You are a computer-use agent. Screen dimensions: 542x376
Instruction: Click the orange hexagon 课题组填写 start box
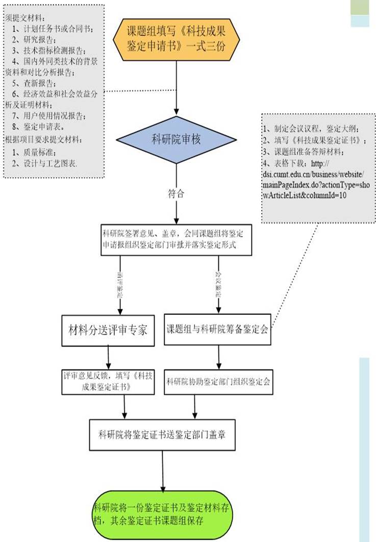coord(176,39)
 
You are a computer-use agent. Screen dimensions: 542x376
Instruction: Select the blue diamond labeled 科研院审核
coord(176,138)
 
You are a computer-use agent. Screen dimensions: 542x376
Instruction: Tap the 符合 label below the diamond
coord(176,194)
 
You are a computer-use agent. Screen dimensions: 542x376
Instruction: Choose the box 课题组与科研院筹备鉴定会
coord(218,330)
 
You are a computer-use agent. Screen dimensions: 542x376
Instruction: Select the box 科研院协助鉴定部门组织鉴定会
coord(218,381)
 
